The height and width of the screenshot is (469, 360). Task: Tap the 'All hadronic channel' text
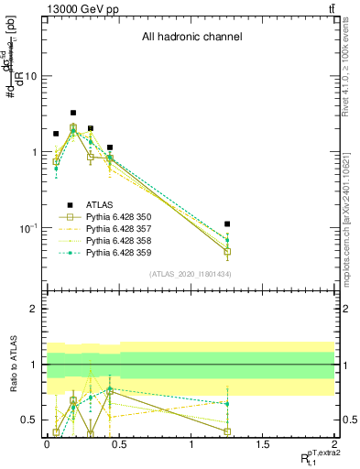(x=191, y=38)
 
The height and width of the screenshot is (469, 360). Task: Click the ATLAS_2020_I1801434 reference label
(x=190, y=274)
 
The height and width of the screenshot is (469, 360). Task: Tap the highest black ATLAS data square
(x=73, y=113)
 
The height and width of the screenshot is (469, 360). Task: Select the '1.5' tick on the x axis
(x=263, y=443)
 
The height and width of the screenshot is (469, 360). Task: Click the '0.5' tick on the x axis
(x=119, y=443)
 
